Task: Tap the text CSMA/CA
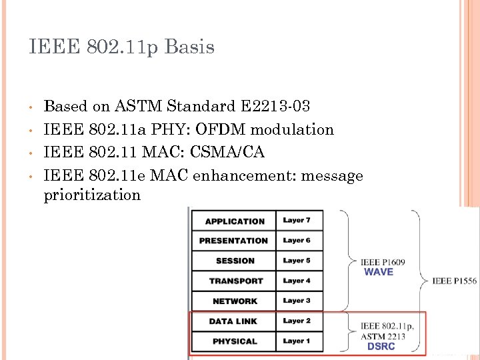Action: click(x=227, y=152)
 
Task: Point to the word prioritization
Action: click(x=92, y=195)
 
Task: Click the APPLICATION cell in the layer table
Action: click(x=235, y=221)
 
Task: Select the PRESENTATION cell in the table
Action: click(x=233, y=241)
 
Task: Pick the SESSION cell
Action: click(x=235, y=261)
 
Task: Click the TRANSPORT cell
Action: click(x=235, y=281)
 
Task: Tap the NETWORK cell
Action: click(x=235, y=301)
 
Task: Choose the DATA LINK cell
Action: click(x=233, y=321)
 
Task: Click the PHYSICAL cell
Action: click(x=234, y=341)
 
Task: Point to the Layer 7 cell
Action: click(x=297, y=221)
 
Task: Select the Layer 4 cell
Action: click(x=297, y=281)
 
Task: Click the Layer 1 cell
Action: click(x=297, y=341)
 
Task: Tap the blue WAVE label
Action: click(x=379, y=272)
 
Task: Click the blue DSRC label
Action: click(x=381, y=346)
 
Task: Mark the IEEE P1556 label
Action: click(x=454, y=281)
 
